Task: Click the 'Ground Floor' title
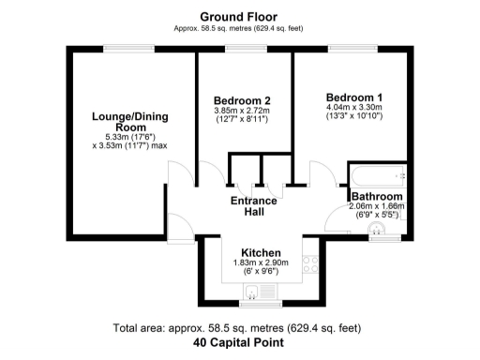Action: coord(239,16)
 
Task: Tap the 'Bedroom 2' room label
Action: coord(242,101)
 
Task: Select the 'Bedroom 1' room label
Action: coord(353,97)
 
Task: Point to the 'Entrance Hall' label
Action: coord(254,206)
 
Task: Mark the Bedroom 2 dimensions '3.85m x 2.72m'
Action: coord(242,112)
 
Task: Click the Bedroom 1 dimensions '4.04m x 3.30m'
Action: coord(353,109)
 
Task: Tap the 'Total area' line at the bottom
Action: coord(239,329)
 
